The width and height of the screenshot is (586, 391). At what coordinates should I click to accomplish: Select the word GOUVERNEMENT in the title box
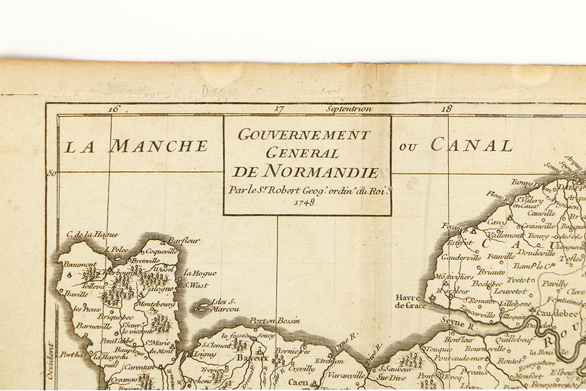pos(304,135)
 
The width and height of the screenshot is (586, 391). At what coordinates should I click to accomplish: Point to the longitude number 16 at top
pos(114,108)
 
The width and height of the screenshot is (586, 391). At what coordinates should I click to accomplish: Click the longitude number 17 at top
pos(279,108)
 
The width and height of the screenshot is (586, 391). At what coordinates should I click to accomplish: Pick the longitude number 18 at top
pos(447,108)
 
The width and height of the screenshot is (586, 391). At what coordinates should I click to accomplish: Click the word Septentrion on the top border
pos(349,108)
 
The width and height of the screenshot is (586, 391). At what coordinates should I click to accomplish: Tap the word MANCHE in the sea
pos(158,146)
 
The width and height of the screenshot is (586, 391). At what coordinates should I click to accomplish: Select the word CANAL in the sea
pos(472,145)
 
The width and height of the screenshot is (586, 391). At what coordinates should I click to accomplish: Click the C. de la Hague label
pos(92,234)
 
